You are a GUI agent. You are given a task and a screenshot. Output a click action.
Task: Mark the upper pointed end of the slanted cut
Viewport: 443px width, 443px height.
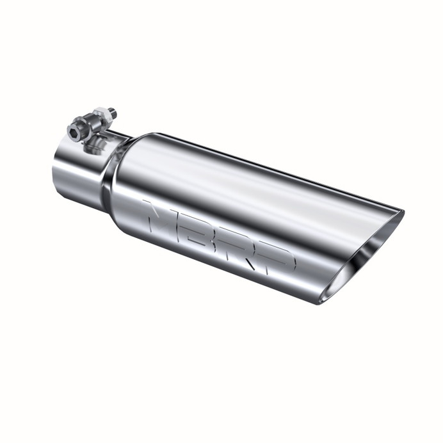coord(401,211)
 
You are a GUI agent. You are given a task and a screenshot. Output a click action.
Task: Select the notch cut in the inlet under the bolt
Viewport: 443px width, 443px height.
coord(115,133)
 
